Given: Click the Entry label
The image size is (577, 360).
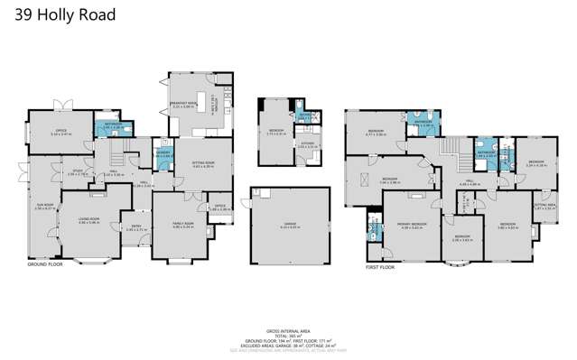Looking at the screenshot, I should click(135, 228).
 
